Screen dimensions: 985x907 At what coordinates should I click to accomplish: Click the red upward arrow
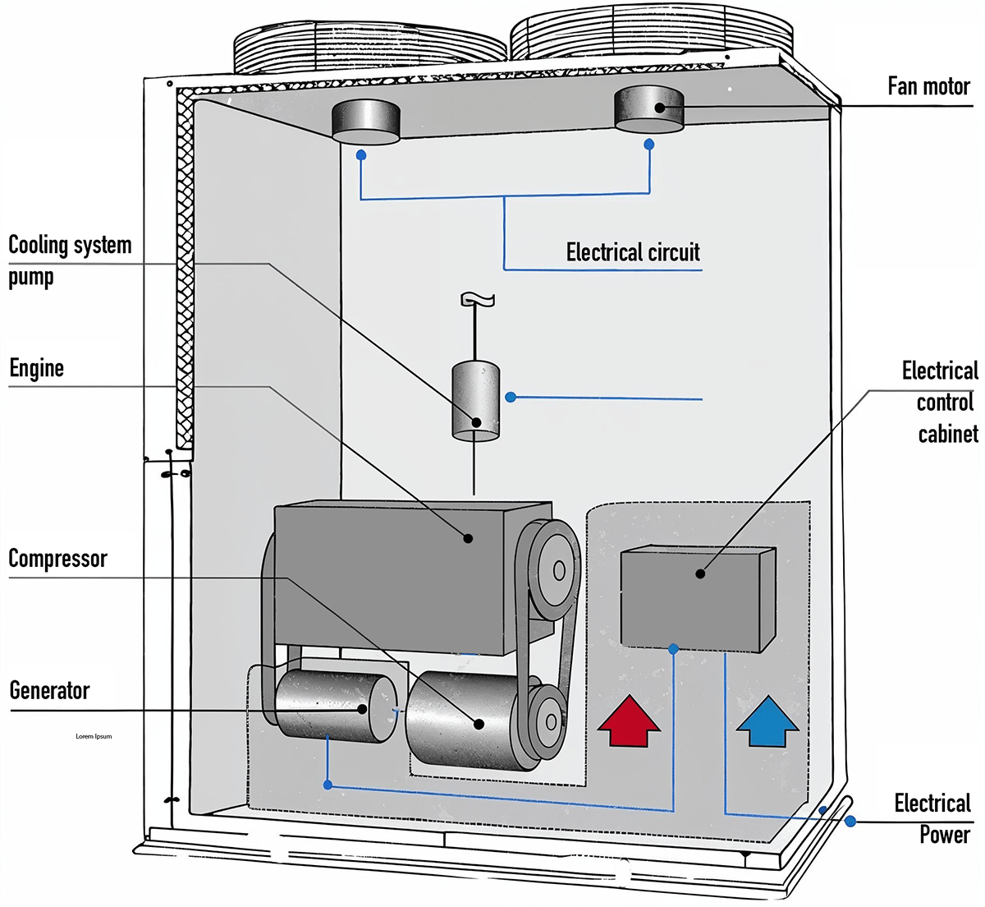point(629,721)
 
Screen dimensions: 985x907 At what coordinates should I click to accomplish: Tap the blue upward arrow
point(768,721)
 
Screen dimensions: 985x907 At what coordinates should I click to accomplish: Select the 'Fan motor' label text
point(928,86)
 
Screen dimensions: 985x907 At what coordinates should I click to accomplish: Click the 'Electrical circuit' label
point(633,252)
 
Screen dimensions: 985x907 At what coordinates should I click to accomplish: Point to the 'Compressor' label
point(58,559)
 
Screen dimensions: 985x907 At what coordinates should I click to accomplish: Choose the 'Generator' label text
point(49,690)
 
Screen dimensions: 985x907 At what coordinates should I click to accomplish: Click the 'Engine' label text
point(37,368)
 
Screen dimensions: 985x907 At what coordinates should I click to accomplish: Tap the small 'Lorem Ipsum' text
point(94,736)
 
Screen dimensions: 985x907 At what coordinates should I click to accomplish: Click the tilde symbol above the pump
point(477,299)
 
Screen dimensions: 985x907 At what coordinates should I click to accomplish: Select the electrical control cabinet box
point(698,598)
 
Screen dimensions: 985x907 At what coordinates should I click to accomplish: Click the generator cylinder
point(336,706)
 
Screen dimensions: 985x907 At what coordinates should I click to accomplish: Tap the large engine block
point(412,578)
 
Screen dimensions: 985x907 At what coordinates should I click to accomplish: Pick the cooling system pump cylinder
point(475,401)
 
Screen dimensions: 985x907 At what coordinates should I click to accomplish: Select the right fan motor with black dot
point(649,109)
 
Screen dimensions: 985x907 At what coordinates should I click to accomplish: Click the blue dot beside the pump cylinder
point(511,397)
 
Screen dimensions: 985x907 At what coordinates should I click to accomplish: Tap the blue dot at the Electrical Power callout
point(850,821)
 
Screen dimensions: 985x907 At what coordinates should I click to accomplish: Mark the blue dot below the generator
point(328,785)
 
